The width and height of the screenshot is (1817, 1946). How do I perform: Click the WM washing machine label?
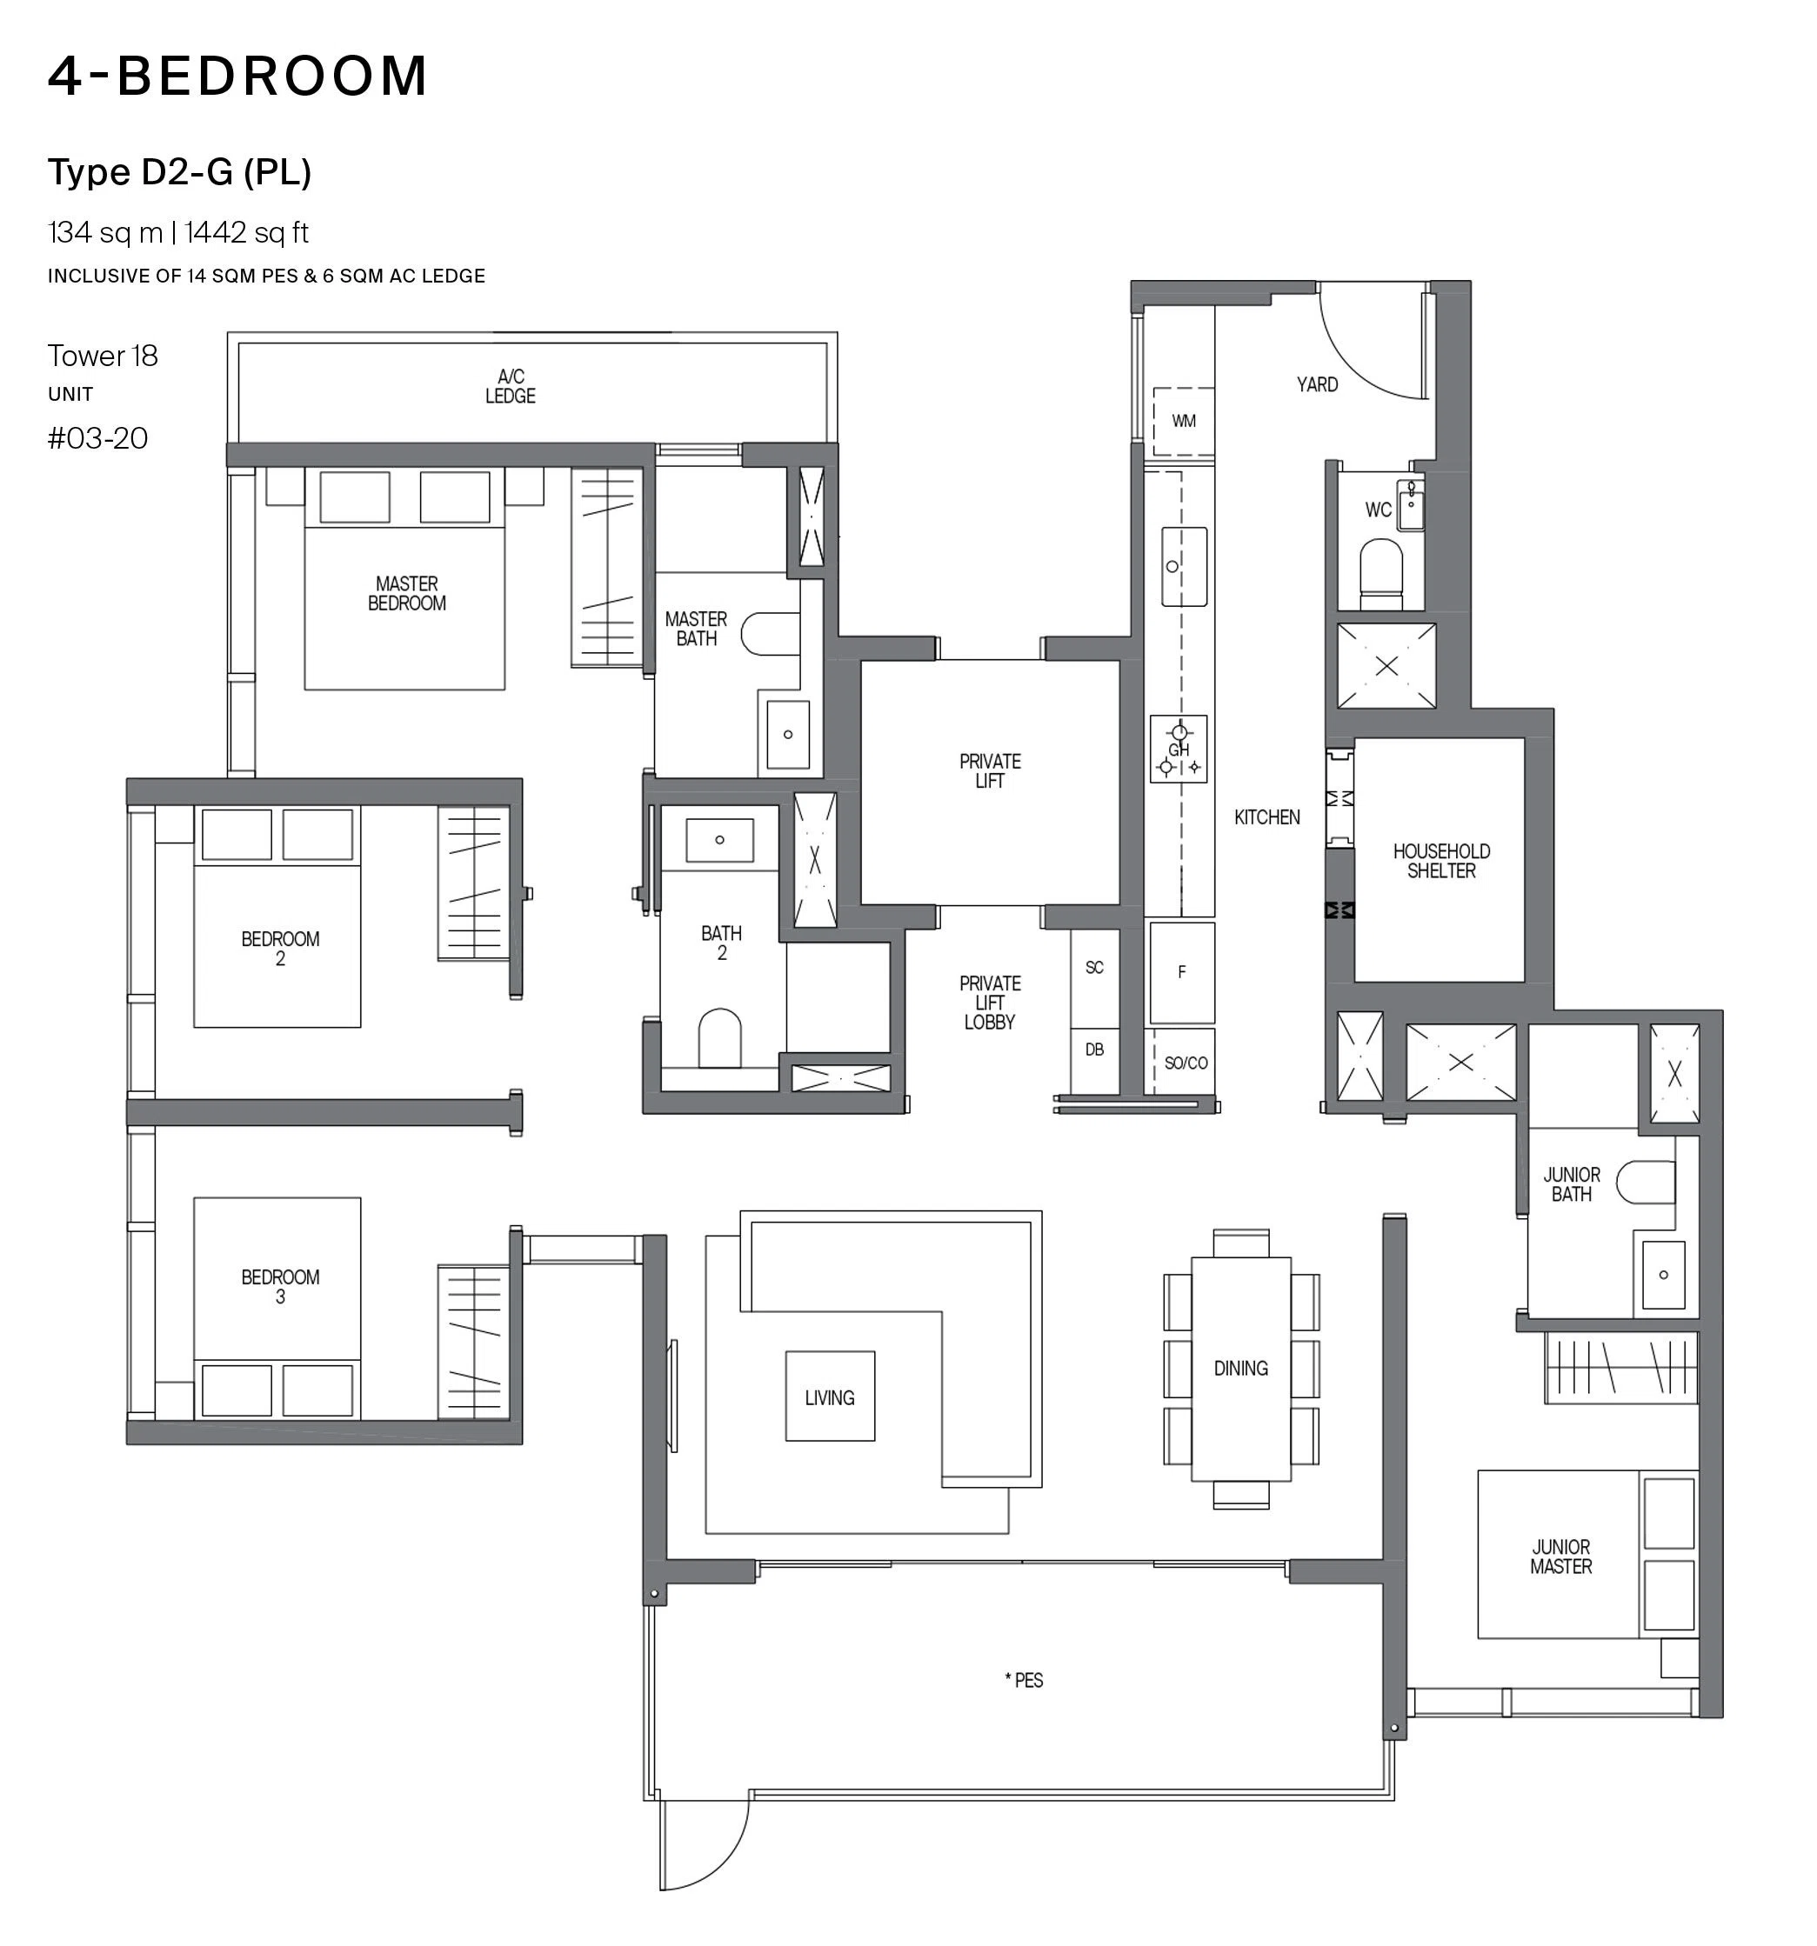click(x=1184, y=421)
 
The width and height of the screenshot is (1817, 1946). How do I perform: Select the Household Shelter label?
click(x=1441, y=861)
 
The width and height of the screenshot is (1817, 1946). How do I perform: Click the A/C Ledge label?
click(x=510, y=386)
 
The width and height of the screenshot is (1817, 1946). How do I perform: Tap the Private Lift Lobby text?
click(x=990, y=1002)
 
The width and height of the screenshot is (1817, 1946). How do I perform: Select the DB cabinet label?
click(x=1094, y=1050)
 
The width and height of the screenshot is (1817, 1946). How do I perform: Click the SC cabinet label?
click(x=1094, y=967)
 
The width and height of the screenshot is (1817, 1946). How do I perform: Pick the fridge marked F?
click(x=1182, y=972)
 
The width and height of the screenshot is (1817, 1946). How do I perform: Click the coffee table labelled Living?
click(x=830, y=1396)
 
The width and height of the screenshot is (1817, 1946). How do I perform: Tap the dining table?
click(x=1240, y=1369)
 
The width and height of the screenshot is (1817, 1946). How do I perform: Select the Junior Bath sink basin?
click(x=1663, y=1275)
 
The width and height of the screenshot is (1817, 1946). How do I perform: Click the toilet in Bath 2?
click(x=719, y=1037)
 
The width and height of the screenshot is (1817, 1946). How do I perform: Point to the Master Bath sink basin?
click(x=788, y=734)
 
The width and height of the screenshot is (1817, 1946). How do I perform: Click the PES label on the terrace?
click(x=1024, y=1680)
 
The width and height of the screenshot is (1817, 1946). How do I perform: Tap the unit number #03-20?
click(x=98, y=437)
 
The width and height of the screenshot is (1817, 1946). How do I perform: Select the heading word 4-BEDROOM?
click(x=238, y=76)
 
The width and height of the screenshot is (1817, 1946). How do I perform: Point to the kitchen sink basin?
click(x=1184, y=567)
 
